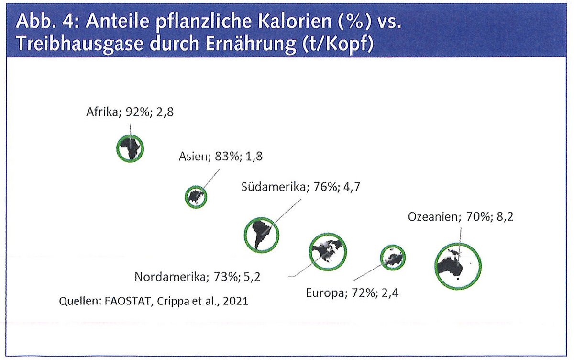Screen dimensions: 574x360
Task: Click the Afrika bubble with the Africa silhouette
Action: click(x=130, y=148)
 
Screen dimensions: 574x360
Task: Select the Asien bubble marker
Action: click(x=196, y=197)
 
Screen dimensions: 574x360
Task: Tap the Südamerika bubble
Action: click(x=261, y=235)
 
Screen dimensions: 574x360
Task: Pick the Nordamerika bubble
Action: click(x=328, y=251)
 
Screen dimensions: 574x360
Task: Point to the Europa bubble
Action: click(x=393, y=258)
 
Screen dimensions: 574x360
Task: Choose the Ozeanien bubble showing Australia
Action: click(x=458, y=266)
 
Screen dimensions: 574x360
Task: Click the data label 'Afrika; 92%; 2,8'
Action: click(x=130, y=112)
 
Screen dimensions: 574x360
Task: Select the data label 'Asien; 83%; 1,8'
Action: click(x=221, y=157)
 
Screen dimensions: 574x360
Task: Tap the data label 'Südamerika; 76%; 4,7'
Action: click(x=301, y=187)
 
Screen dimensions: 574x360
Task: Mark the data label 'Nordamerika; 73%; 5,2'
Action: click(x=198, y=277)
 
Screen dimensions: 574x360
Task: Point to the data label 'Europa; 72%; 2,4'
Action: click(x=353, y=293)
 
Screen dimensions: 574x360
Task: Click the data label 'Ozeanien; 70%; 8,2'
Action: click(x=461, y=217)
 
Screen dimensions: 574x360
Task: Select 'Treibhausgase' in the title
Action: click(x=80, y=44)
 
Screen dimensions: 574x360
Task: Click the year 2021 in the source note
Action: click(x=235, y=301)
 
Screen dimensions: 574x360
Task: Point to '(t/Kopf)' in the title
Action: click(x=338, y=44)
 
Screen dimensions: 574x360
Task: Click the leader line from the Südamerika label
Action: click(x=287, y=212)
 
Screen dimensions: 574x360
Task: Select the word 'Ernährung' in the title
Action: click(x=250, y=44)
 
